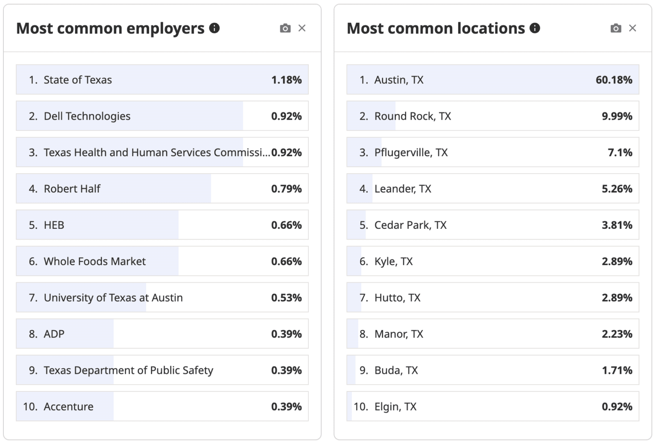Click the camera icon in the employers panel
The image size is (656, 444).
tap(285, 28)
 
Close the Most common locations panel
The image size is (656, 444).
tap(633, 28)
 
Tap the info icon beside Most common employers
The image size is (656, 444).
tap(214, 28)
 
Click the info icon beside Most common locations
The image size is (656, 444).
tap(535, 28)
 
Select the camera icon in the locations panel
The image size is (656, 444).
tap(616, 28)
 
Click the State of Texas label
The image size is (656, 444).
tap(77, 80)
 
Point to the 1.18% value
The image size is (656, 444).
tap(286, 80)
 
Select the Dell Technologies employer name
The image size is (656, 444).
tap(87, 116)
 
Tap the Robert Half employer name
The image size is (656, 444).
tap(72, 189)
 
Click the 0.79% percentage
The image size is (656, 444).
tap(286, 189)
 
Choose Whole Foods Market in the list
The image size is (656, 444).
tap(94, 261)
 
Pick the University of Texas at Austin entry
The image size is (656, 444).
tap(113, 298)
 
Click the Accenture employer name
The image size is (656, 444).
tap(68, 406)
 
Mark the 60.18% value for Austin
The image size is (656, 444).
tap(614, 80)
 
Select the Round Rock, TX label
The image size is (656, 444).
tap(412, 116)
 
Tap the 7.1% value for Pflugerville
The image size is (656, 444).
tap(620, 153)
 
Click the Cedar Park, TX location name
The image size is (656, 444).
tap(410, 225)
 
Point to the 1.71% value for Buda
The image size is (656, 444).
tap(617, 370)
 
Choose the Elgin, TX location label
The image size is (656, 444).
tap(395, 406)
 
